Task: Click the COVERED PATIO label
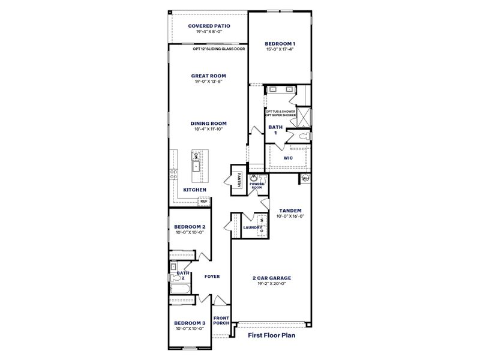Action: (208, 26)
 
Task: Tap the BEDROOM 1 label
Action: (280, 44)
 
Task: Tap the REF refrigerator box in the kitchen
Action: (204, 201)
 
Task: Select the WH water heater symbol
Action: (305, 178)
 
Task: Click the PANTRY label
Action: (239, 180)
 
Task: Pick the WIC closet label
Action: (287, 158)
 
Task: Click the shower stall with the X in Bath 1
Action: (302, 114)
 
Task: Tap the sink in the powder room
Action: (254, 178)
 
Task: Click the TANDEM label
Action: (290, 211)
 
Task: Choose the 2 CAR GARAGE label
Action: (271, 278)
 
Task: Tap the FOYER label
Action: (212, 277)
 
